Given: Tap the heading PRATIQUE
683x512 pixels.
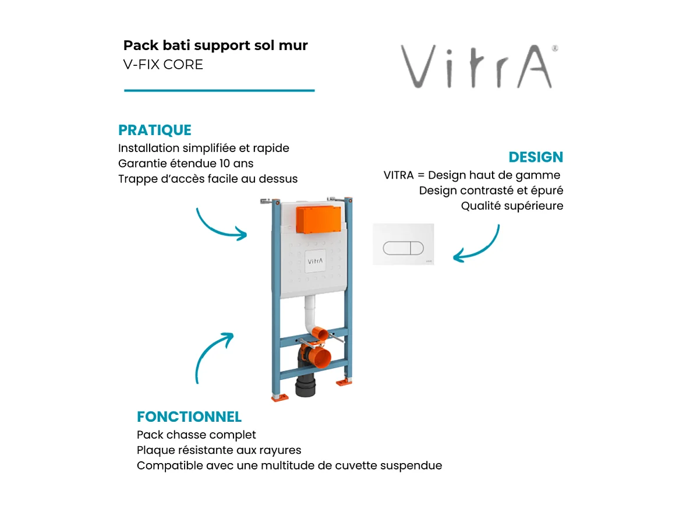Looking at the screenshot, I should coord(154,130).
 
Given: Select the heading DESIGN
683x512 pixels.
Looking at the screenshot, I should coord(536,157).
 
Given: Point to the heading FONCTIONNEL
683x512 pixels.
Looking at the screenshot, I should coord(189,416).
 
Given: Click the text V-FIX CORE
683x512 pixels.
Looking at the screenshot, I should coord(163,65).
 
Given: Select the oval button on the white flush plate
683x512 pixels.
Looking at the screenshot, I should coord(404,247).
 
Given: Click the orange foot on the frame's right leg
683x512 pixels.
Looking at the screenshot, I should coord(343,382).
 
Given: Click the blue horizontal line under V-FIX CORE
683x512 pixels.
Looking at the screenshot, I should coord(220,90).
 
